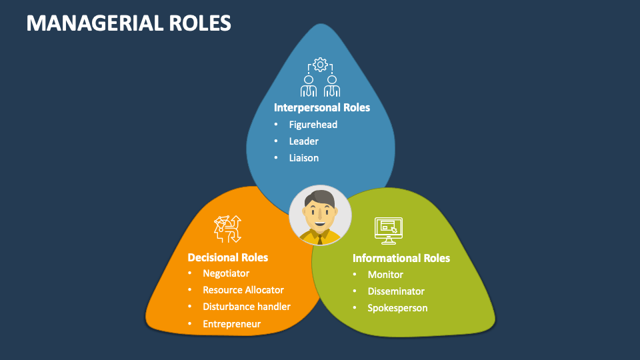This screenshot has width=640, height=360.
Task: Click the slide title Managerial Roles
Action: (129, 23)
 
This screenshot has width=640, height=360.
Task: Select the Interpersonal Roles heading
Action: (321, 107)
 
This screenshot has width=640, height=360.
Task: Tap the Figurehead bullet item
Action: (313, 125)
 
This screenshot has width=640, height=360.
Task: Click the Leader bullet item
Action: (303, 141)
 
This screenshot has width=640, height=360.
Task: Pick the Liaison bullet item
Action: (303, 158)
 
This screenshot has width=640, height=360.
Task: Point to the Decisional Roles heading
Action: (227, 257)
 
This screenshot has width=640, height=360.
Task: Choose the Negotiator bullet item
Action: (226, 273)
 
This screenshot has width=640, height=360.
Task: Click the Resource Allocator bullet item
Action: (243, 290)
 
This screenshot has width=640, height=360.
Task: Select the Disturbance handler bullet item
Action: (247, 307)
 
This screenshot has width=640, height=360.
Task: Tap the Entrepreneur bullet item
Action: (231, 324)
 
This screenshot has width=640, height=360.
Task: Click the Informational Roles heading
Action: (401, 258)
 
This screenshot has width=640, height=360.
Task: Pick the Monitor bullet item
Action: (385, 275)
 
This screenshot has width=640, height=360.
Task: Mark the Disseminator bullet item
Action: (396, 291)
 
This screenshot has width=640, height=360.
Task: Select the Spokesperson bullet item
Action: (397, 308)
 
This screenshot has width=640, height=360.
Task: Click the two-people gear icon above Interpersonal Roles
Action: (321, 78)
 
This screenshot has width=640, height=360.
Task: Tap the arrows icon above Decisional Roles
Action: (227, 229)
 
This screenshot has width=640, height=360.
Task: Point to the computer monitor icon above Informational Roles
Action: (389, 229)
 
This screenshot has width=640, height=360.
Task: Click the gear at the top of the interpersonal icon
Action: (321, 65)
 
